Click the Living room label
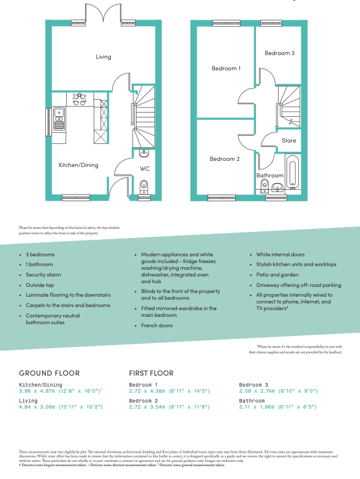103,57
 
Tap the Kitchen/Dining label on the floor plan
78,165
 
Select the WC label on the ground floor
144,168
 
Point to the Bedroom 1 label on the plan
226,69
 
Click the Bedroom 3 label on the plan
279,53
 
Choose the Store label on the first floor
288,141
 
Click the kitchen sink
59,119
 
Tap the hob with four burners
79,99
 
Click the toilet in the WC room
144,185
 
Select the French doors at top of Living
103,13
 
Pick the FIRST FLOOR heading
151,373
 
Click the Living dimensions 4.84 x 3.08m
61,406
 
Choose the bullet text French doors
157,325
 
